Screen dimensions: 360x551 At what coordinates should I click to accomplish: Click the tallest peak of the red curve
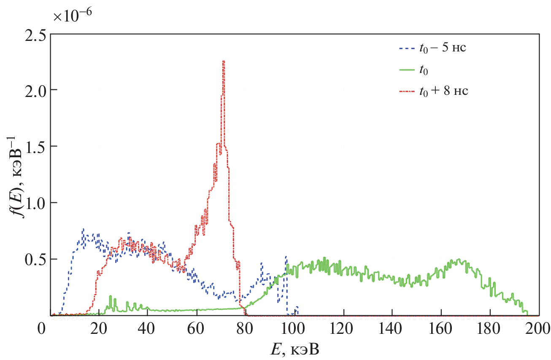(x=224, y=62)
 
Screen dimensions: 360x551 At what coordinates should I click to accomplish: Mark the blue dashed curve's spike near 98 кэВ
(x=286, y=257)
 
